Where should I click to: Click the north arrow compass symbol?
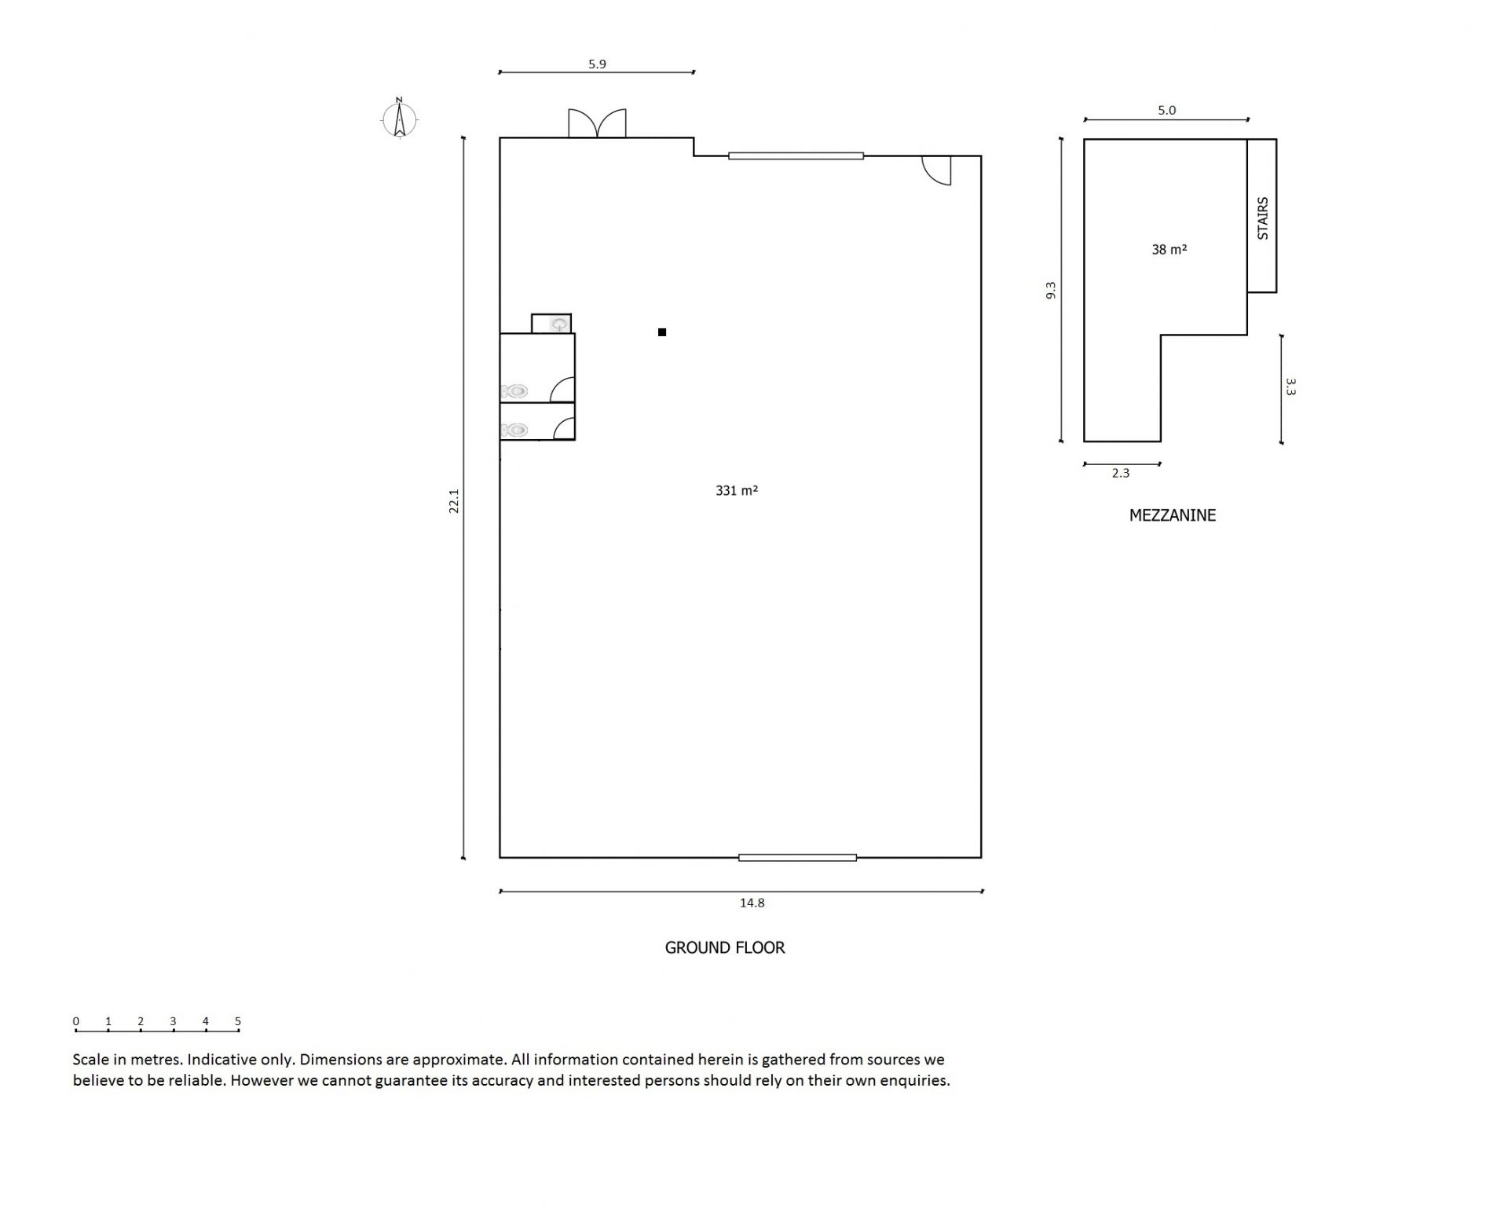click(400, 119)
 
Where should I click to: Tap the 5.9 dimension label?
click(597, 64)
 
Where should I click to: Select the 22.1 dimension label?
click(453, 501)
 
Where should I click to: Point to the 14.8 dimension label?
click(752, 903)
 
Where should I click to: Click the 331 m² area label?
click(737, 490)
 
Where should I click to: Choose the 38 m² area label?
click(1169, 250)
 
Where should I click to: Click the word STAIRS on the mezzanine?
click(1263, 218)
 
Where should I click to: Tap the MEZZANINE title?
click(1173, 515)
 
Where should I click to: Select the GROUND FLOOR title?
click(725, 947)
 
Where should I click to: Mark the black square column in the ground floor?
click(662, 332)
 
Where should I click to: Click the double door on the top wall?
click(598, 123)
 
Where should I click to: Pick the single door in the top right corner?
click(936, 170)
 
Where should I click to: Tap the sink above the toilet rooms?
click(559, 324)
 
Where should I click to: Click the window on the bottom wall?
click(797, 857)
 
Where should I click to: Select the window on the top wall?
click(796, 156)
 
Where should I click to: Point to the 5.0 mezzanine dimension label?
click(1166, 111)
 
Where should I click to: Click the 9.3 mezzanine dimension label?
click(1051, 291)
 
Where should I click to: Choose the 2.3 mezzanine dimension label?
click(1121, 473)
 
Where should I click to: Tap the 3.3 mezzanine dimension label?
click(1290, 387)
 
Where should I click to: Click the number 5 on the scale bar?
click(237, 1021)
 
